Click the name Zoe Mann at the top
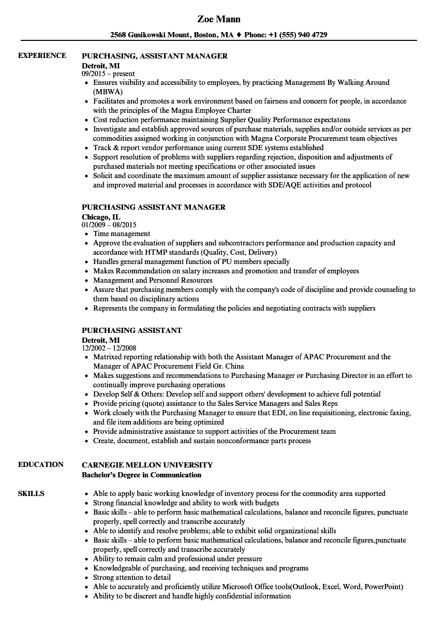[219, 19]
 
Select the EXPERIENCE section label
[42, 55]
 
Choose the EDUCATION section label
[41, 464]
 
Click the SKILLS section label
[31, 493]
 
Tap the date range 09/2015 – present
[108, 74]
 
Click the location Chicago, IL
[101, 217]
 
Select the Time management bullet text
[122, 234]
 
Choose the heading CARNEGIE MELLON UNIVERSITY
[147, 464]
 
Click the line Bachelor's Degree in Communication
[141, 475]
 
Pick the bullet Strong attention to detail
[131, 577]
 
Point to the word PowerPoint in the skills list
[383, 587]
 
